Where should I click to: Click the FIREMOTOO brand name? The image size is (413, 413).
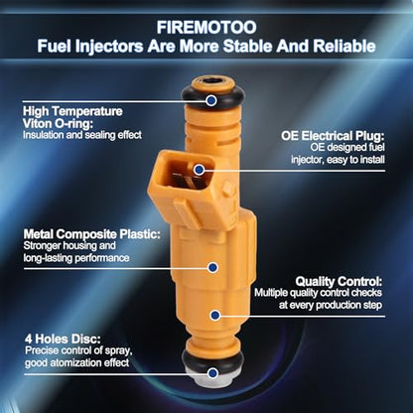point(206,27)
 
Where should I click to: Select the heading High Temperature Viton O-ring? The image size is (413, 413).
point(72,117)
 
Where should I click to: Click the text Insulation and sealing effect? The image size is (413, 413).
point(82,135)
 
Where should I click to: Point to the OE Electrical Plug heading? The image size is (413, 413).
point(333,136)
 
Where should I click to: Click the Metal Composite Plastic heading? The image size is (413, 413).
point(92,234)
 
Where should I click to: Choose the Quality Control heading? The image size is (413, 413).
point(339,282)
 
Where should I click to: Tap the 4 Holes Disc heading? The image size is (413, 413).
point(63,339)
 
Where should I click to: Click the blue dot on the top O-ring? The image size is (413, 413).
point(211,100)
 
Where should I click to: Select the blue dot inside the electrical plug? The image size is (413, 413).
point(199,170)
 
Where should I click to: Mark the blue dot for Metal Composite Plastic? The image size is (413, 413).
point(212,267)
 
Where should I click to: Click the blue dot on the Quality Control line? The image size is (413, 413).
point(215,315)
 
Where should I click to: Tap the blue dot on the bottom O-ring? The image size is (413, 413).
point(213,373)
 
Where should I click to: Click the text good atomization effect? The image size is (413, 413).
point(76,362)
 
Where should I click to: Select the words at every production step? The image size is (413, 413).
point(331,305)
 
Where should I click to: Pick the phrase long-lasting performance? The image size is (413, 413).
point(76,258)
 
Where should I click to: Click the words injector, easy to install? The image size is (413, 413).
point(338,160)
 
